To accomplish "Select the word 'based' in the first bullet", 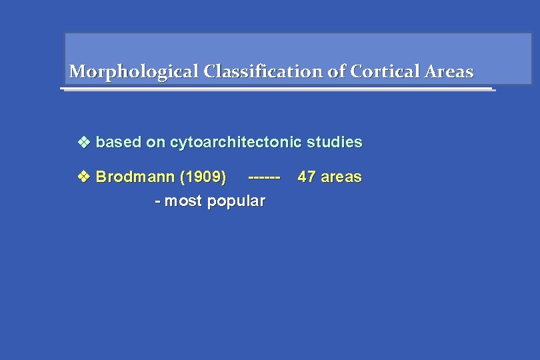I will pos(119,142).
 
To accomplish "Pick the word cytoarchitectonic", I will pos(236,142).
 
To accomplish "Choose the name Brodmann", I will pos(131,177).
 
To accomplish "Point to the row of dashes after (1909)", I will pos(265,177).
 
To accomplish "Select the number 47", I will pos(307,177).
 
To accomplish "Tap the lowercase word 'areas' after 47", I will pos(341,177).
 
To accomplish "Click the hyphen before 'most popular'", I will pos(157,201).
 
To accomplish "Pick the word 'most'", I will pos(184,201).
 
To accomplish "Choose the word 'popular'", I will pos(236,201).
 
